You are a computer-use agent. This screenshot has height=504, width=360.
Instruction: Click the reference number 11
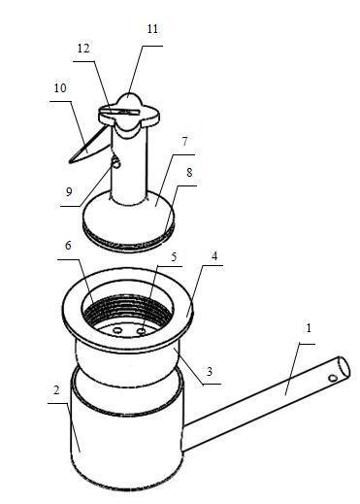(152, 29)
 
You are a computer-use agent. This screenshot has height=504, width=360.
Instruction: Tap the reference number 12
(83, 49)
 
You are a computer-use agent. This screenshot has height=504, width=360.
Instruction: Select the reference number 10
(60, 87)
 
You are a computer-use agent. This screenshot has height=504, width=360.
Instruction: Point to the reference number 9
(69, 192)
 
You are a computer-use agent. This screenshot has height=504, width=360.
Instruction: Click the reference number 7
(184, 142)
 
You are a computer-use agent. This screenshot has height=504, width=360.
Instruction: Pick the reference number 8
(189, 173)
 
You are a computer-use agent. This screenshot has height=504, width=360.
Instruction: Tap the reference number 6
(68, 246)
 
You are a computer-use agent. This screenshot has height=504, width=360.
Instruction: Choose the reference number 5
(174, 257)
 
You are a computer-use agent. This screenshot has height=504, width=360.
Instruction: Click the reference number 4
(214, 256)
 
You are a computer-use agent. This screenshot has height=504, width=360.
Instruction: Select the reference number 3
(210, 371)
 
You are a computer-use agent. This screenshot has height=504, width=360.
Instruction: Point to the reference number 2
(56, 390)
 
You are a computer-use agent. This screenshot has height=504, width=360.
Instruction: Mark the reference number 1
(309, 328)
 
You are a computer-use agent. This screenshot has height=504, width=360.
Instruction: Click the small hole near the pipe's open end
(333, 378)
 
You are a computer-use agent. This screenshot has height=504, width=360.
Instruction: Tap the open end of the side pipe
(344, 368)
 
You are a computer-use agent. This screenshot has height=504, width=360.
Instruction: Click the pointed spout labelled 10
(89, 148)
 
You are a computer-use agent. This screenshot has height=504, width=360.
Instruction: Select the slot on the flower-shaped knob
(119, 112)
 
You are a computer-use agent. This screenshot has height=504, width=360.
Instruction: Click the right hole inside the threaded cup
(142, 331)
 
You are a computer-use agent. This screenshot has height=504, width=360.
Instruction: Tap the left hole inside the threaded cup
(118, 330)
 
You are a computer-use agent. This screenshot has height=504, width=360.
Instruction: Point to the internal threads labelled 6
(126, 308)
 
